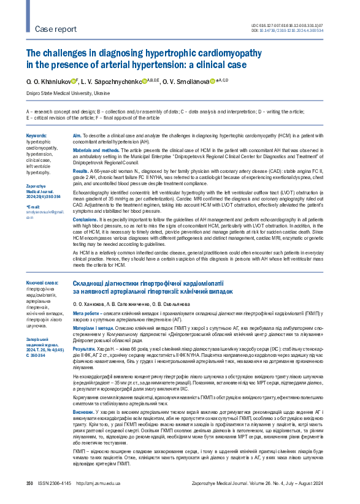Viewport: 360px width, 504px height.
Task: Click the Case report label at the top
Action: coord(56,29)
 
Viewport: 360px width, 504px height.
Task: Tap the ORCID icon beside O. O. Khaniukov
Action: coord(74,80)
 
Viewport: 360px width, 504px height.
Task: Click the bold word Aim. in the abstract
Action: coord(77,135)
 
